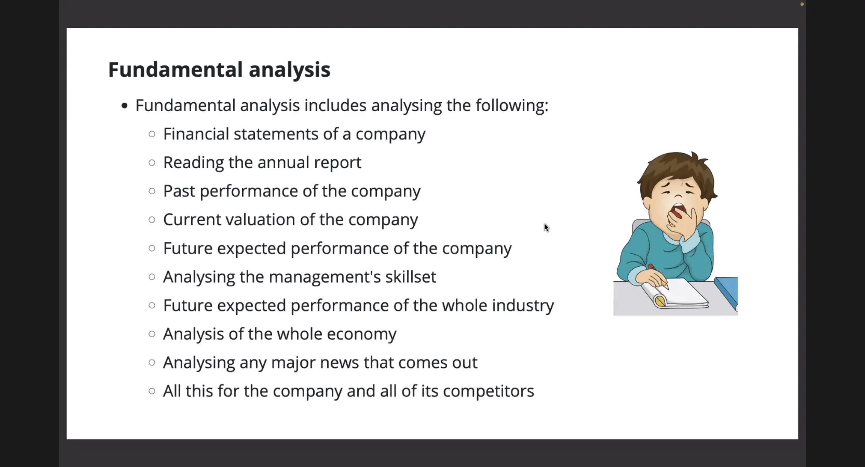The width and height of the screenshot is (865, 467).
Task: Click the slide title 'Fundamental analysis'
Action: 219,70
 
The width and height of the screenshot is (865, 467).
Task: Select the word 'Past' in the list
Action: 179,191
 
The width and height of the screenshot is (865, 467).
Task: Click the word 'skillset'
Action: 411,277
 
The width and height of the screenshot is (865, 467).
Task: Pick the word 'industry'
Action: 523,306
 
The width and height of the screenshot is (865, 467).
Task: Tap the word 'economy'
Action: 361,334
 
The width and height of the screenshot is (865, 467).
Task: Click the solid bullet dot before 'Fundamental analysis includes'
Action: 124,106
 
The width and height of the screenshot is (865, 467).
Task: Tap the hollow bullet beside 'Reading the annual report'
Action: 152,162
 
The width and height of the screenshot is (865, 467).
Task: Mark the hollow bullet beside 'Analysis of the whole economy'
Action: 152,334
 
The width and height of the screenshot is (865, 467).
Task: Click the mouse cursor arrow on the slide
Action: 546,228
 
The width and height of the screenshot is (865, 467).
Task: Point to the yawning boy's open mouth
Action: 677,212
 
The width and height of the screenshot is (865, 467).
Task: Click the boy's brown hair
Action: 676,170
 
